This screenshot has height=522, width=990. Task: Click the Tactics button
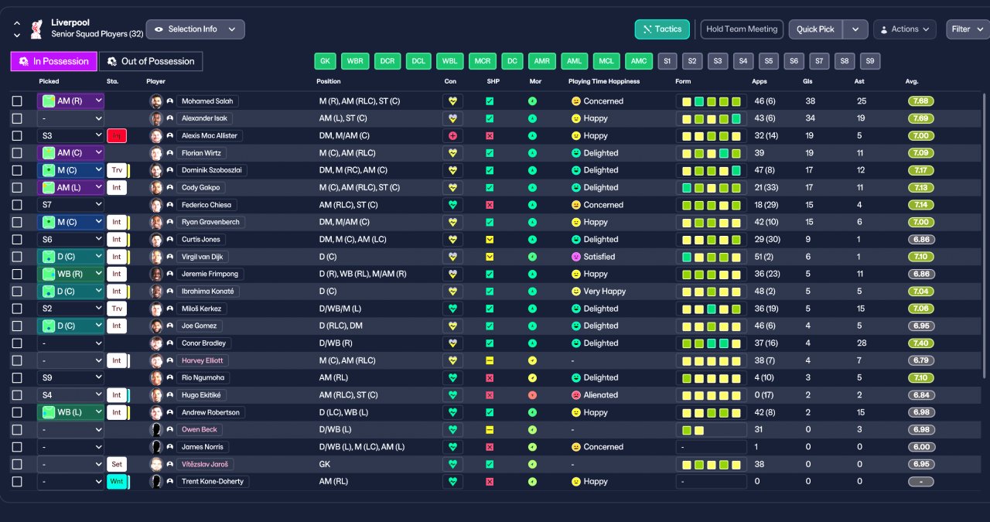(x=661, y=29)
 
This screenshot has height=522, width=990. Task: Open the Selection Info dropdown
(x=195, y=29)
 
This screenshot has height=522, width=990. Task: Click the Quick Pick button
(x=815, y=29)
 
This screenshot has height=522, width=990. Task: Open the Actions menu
(x=904, y=29)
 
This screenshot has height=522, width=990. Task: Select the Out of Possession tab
(x=151, y=61)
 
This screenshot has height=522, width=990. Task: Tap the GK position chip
(x=325, y=61)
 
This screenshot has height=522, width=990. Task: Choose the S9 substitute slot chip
(x=869, y=61)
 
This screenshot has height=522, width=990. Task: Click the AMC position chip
(x=638, y=61)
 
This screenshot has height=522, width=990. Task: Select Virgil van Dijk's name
(x=202, y=257)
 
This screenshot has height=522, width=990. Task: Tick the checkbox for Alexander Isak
(x=17, y=118)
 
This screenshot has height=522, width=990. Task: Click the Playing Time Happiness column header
(x=604, y=81)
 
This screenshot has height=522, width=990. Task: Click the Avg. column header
(x=912, y=81)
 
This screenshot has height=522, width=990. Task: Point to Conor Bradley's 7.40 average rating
(x=920, y=343)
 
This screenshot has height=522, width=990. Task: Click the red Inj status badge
(x=117, y=135)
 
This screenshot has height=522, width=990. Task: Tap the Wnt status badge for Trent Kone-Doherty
(x=117, y=482)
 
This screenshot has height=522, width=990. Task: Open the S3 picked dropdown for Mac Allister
(x=70, y=135)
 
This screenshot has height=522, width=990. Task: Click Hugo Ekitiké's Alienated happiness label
(x=600, y=395)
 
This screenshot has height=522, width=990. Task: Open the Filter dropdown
(x=967, y=29)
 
